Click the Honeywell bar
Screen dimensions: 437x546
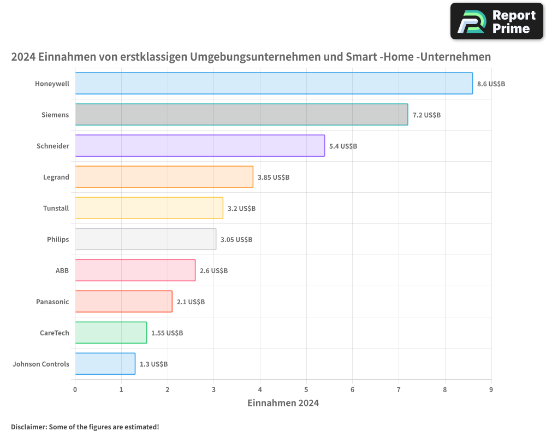tap(274, 84)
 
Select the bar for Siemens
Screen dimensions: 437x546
tap(241, 115)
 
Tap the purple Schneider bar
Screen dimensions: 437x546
tap(200, 146)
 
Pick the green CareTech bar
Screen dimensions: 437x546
tap(111, 333)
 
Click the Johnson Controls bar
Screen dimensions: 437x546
tap(105, 364)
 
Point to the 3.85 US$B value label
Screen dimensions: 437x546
tap(274, 177)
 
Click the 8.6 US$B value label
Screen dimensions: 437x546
tap(491, 84)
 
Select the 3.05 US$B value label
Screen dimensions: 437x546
tap(236, 239)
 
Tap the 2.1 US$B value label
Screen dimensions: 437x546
tap(191, 302)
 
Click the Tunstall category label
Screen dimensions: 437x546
tap(56, 208)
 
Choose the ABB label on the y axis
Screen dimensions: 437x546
tap(62, 270)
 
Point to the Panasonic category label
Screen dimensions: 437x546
tap(52, 302)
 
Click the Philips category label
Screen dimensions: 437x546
tap(58, 239)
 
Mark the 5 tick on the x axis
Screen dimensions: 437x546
tap(306, 389)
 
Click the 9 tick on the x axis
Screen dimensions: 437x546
tap(491, 389)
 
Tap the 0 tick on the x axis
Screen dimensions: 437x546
tap(75, 389)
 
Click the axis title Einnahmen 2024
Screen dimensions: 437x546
tap(283, 403)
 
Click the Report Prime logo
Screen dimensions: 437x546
tap(496, 21)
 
